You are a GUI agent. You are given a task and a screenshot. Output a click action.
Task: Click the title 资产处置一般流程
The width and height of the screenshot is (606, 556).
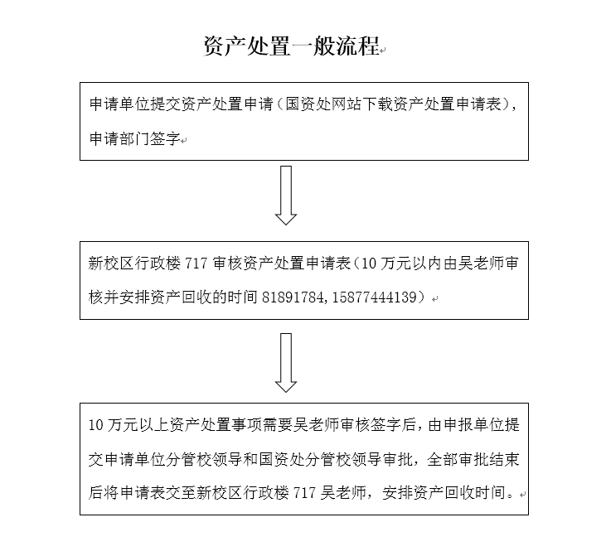click(x=291, y=46)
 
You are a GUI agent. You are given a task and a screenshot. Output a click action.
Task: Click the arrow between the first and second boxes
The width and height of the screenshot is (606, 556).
click(x=286, y=195)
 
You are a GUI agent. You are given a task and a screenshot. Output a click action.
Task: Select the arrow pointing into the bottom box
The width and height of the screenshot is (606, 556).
click(x=286, y=362)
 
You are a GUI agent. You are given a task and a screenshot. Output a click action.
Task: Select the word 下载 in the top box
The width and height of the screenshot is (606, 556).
click(x=371, y=105)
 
